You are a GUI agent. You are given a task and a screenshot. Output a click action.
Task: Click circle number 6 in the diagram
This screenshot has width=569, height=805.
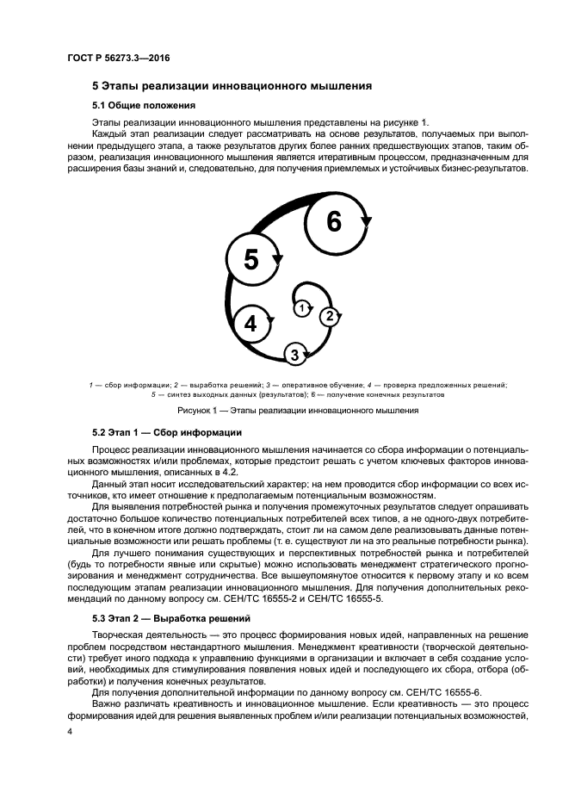pos(333,221)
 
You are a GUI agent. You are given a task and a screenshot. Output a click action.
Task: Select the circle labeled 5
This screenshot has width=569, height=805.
pos(250,258)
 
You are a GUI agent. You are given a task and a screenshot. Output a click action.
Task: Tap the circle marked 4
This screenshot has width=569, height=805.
pos(250,323)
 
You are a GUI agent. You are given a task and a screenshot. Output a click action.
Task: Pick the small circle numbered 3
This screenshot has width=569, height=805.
pos(294,353)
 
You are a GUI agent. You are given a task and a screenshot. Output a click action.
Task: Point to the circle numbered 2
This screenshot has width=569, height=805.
pos(327,317)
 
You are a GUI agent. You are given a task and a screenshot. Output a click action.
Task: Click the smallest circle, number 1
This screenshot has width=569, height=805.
pos(300,307)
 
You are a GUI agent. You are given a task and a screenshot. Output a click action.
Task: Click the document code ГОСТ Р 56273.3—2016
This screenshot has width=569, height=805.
pos(119,59)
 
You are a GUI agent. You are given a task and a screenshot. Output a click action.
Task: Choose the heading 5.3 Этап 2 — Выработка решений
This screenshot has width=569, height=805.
pos(171,619)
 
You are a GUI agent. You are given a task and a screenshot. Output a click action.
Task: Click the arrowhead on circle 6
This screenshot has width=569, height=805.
pos(366,221)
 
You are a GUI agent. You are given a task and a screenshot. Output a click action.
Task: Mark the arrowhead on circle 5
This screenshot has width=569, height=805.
pos(277,257)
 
